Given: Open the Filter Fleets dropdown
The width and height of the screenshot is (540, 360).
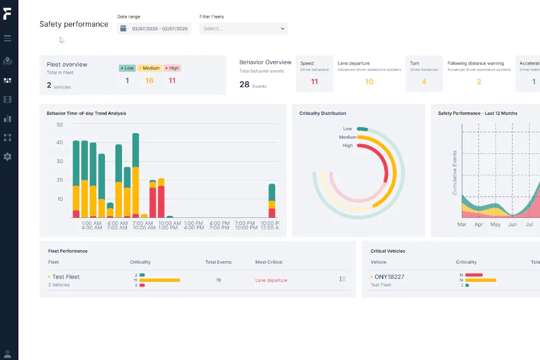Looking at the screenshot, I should (x=243, y=28).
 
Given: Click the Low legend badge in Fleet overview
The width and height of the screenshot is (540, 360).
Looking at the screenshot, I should (x=127, y=68).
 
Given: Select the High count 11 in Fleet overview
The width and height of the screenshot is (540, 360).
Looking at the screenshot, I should (x=172, y=81).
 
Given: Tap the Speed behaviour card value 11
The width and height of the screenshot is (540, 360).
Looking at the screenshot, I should (x=314, y=82).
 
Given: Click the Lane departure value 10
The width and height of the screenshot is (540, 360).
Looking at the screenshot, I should (x=369, y=82).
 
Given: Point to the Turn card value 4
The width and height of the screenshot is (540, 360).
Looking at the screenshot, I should (x=424, y=82).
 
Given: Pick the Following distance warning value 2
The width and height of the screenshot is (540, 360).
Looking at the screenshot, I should (x=479, y=82).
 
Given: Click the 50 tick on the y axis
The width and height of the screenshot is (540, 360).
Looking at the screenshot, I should (x=60, y=124).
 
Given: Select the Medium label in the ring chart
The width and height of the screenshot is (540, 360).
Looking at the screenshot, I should (x=348, y=137).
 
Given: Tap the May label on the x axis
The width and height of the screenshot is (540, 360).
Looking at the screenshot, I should (x=495, y=225).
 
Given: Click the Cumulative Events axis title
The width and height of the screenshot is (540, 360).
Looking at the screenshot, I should (x=455, y=173).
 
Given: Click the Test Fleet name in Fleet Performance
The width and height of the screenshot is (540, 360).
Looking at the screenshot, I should (x=66, y=277).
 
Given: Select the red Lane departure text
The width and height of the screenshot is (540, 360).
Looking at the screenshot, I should (x=271, y=280).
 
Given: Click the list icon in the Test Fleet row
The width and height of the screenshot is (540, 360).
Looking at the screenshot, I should (x=343, y=279).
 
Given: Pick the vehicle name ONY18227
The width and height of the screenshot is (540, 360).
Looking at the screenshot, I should (x=389, y=277).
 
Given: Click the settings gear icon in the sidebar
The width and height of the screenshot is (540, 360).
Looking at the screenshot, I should (x=7, y=157).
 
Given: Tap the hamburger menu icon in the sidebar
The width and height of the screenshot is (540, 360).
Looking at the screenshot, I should (x=7, y=38).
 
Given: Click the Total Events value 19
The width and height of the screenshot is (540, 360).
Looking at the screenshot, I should (x=218, y=280).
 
